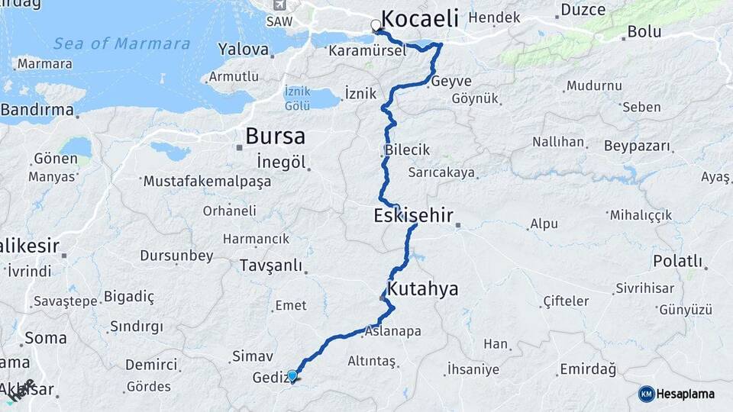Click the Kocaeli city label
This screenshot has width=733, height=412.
419,19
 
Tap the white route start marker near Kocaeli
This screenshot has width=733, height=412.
376,26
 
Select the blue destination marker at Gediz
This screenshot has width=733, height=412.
292,375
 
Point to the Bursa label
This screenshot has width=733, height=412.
275,137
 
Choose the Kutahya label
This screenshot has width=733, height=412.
423,289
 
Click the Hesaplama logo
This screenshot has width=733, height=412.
676,394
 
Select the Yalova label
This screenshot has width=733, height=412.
244,50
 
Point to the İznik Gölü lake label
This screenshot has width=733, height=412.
297,97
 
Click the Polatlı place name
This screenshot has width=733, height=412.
678,262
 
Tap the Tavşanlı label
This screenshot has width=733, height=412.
270,266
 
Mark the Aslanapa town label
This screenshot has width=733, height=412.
392,332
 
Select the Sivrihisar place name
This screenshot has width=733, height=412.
643,289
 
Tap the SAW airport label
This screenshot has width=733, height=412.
279,21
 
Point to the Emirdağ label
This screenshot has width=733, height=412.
587,369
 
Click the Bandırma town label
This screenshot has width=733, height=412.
37,111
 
